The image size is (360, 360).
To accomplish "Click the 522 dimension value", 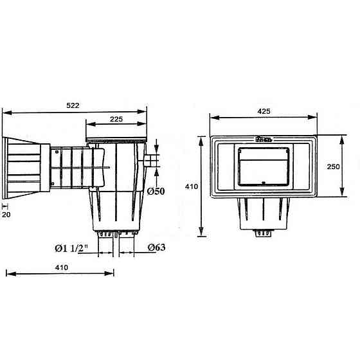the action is [73, 105].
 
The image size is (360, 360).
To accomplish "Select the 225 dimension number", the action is [116, 119].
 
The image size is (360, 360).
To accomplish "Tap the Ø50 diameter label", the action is [156, 192].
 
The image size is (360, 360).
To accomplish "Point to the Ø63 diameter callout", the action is [157, 248].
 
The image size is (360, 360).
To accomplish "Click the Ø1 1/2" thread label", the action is [71, 248].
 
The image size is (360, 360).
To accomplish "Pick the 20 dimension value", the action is [6, 215].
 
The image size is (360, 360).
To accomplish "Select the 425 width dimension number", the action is [264, 111].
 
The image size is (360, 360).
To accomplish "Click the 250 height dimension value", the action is [334, 166].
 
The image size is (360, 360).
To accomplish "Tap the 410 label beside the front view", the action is [192, 186].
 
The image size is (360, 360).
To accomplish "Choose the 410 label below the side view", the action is [62, 267].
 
